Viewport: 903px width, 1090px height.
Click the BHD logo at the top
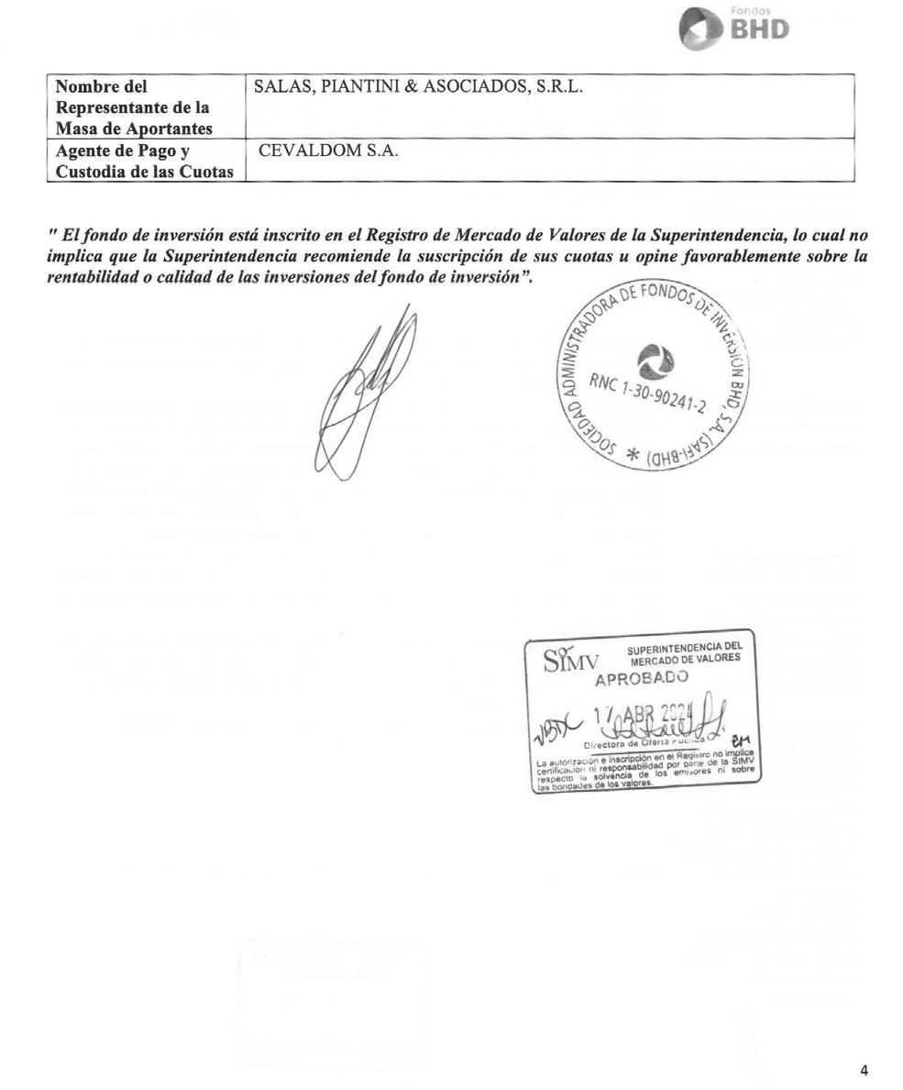pos(733,28)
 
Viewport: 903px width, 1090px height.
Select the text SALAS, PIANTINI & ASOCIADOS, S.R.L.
pos(418,88)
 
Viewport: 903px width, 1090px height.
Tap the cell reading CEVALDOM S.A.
pos(328,151)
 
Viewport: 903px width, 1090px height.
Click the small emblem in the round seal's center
pos(655,361)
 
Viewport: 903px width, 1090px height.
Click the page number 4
pos(864,1070)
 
